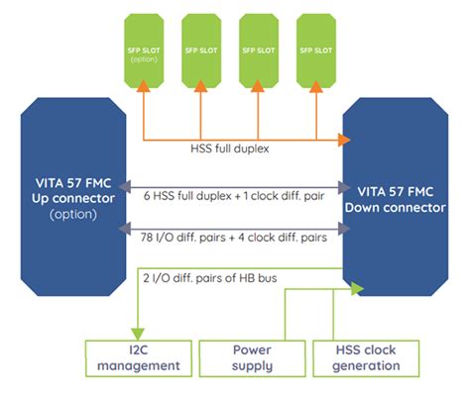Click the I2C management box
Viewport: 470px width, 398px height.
[x=137, y=357]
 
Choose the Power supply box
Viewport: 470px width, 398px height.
[x=252, y=357]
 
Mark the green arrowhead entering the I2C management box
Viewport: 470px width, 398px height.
[x=137, y=332]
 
